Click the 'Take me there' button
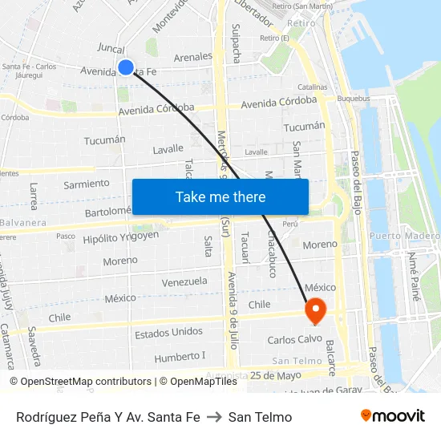pos(220,196)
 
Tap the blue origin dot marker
pos(126,67)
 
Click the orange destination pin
pos(314,310)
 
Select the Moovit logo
pos(393,416)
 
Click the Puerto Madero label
pos(404,237)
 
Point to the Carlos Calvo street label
pos(294,339)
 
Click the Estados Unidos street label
pos(168,332)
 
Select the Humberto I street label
pos(180,356)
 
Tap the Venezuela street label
pos(184,282)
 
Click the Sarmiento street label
pos(87,184)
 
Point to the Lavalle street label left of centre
pos(168,149)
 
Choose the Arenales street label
pos(192,57)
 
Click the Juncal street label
pos(110,48)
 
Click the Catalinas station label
pos(312,87)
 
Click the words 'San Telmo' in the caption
pos(260,417)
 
